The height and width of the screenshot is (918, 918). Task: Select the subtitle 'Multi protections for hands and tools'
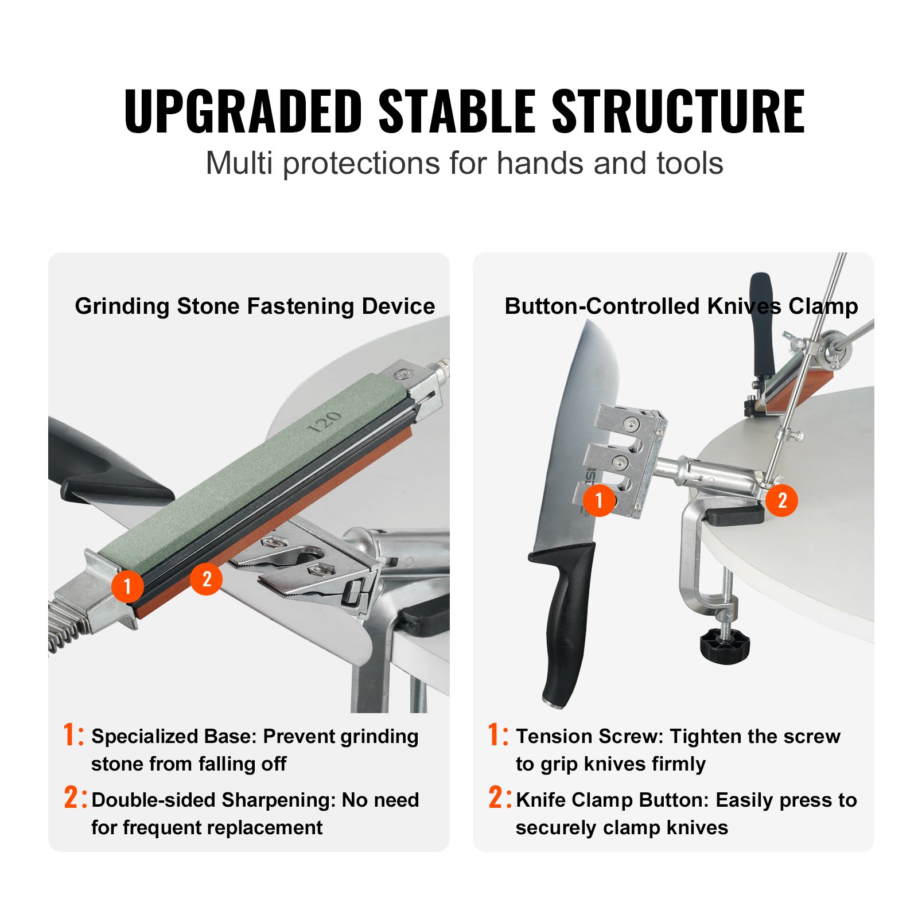coord(464,164)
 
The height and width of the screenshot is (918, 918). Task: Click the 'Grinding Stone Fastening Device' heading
coord(255,306)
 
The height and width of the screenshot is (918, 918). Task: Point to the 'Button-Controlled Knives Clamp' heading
coord(681,306)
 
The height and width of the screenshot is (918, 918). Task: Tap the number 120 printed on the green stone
coord(325,422)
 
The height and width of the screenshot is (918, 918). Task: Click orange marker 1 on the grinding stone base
coord(127,586)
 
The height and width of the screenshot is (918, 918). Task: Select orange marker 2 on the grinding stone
coord(206,578)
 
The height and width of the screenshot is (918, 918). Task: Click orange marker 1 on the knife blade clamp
coord(598,500)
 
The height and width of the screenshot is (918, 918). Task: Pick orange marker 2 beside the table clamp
coord(781,500)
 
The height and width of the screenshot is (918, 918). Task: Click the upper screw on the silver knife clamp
coord(632,425)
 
